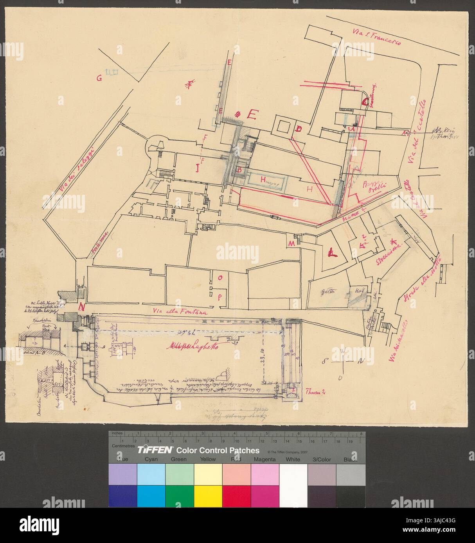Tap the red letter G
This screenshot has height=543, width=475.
pyautogui.click(x=100, y=78)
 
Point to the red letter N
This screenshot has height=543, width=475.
pyautogui.click(x=82, y=307)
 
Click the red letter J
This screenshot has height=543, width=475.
pyautogui.click(x=198, y=169)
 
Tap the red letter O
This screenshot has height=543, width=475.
pyautogui.click(x=220, y=278)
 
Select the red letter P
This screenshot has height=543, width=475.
pyautogui.click(x=220, y=297)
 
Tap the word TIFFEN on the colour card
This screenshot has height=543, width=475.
pyautogui.click(x=153, y=450)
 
